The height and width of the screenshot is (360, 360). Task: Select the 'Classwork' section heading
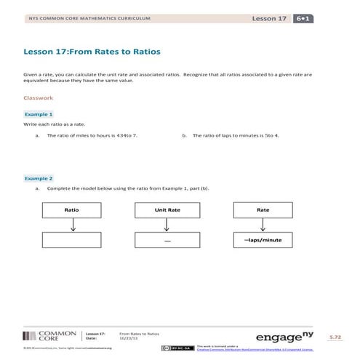39,97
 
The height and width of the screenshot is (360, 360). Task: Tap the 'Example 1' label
39,114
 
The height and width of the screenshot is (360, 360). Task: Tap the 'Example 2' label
39,178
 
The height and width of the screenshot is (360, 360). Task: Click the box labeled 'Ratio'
72,209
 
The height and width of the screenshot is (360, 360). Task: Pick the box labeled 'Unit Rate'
167,209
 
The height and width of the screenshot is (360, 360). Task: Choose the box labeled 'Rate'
263,209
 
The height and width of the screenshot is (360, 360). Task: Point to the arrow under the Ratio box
72,225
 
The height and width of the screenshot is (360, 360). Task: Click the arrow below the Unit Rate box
167,225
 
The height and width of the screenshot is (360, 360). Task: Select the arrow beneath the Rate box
263,225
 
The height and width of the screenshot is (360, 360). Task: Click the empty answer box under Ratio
72,240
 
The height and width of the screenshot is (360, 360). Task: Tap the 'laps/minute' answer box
263,240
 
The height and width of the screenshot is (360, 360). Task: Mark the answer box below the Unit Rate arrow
167,240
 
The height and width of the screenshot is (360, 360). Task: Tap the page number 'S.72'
335,338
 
